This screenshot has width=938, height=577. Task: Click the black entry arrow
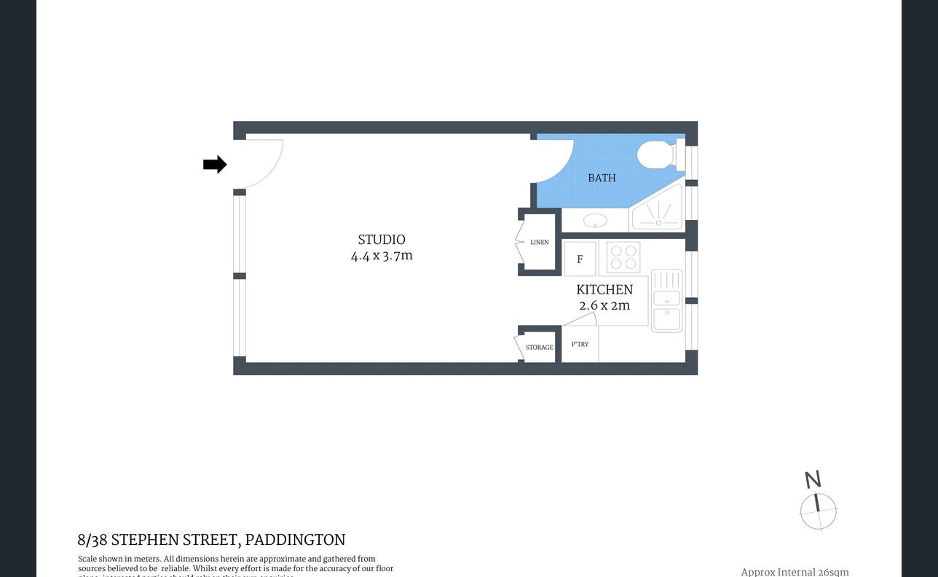tap(215, 165)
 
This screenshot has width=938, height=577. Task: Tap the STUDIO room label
tap(381, 240)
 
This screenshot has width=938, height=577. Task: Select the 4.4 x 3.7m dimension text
tap(381, 256)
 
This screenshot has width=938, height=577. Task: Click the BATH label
tap(602, 178)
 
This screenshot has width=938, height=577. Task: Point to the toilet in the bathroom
tap(657, 155)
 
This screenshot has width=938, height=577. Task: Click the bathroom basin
tap(595, 220)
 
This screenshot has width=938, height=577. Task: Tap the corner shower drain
tap(658, 222)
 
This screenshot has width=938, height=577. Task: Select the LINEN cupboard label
tap(540, 242)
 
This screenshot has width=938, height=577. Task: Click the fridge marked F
tap(580, 259)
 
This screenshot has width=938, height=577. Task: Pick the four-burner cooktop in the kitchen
tap(624, 257)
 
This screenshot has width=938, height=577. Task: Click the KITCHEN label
tap(604, 289)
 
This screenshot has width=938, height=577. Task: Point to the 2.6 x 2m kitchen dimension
tap(604, 305)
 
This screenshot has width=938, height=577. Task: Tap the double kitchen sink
tap(666, 301)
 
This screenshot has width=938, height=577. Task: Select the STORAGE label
tap(540, 348)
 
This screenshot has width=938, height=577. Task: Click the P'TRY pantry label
tap(580, 345)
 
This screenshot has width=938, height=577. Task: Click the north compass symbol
tap(818, 511)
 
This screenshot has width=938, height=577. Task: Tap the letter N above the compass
tap(813, 479)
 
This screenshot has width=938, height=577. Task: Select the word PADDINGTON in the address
tap(295, 540)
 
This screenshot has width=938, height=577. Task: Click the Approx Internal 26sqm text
tap(795, 572)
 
